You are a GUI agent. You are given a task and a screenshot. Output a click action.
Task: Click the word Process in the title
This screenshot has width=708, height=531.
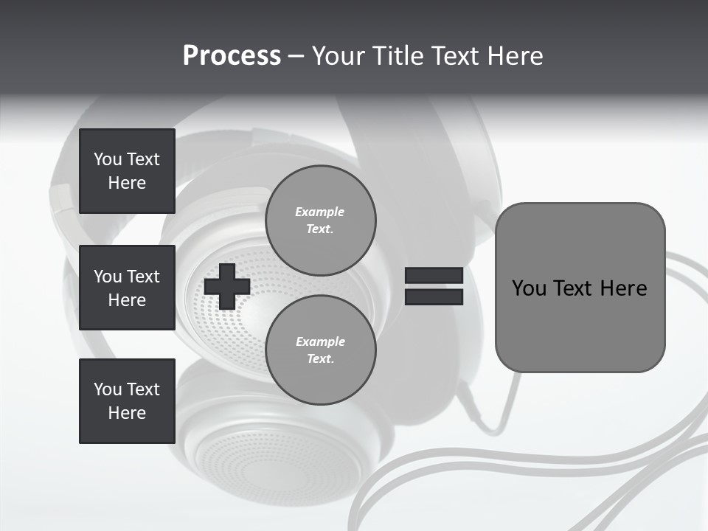pos(232,56)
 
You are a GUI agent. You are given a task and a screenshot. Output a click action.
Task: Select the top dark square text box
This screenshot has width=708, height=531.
pos(127,171)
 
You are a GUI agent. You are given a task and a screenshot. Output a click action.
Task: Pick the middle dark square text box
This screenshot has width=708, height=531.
pos(127,288)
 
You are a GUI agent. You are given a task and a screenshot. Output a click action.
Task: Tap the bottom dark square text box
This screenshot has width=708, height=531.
pos(127,401)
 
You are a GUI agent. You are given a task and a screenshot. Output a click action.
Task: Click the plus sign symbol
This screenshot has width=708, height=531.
pos(226,286)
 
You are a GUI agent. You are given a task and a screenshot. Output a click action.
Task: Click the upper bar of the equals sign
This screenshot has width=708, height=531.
pos(434,275)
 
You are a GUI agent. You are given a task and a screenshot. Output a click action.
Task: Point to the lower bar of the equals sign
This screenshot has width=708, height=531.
pos(434,297)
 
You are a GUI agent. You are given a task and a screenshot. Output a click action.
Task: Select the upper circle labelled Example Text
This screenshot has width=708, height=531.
pos(320,220)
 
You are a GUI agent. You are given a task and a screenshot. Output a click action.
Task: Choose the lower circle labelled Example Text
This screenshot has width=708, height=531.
pos(320,350)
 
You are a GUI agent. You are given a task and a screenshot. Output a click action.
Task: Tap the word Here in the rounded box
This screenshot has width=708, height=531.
pos(623,288)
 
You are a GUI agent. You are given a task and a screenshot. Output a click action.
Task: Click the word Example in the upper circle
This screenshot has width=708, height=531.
pos(320,212)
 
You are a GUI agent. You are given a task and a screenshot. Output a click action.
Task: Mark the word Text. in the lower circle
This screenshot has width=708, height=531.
pos(320,358)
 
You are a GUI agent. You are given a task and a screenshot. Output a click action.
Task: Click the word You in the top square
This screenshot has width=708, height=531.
pos(107,159)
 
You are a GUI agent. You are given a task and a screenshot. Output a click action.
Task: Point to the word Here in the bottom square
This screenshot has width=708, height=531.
pos(127,413)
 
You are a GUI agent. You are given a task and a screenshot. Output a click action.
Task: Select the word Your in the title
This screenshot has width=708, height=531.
pos(337,56)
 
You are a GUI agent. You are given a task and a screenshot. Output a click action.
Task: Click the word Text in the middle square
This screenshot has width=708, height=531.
pos(143,277)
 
